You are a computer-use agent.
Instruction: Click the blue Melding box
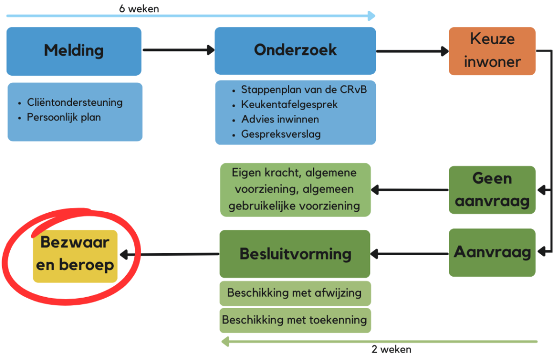(x=74, y=51)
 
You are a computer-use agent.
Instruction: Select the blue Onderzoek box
(x=295, y=51)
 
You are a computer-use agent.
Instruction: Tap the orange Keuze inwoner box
(x=492, y=51)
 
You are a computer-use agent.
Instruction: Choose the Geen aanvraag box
(x=492, y=190)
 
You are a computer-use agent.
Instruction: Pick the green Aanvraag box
(x=492, y=252)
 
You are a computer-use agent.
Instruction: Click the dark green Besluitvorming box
(x=295, y=254)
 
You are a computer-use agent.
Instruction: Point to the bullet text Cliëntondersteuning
(x=75, y=102)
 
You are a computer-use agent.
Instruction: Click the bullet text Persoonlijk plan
(x=64, y=117)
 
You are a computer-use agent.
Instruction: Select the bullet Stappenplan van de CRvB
(x=304, y=90)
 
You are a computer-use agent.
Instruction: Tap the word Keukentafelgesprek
(x=289, y=104)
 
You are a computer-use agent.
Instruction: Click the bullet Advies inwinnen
(x=280, y=119)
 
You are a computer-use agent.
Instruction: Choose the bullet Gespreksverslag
(x=281, y=134)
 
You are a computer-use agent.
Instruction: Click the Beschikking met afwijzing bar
(x=295, y=293)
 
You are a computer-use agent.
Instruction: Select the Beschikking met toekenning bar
(x=295, y=320)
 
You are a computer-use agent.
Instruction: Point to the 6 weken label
(x=139, y=9)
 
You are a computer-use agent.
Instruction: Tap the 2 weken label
(x=391, y=349)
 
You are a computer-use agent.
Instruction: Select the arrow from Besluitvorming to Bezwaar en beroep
(x=170, y=254)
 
